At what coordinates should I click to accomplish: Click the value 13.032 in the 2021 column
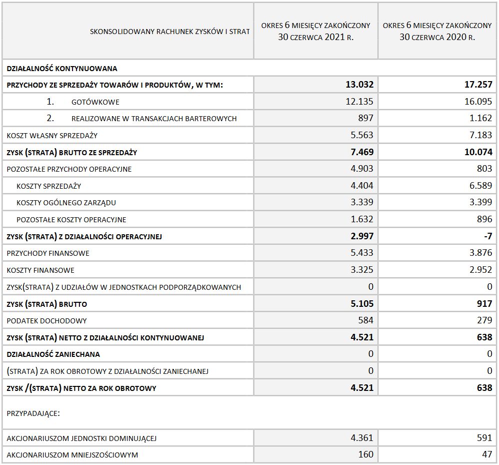(359, 85)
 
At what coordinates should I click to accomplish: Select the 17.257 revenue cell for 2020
(478, 85)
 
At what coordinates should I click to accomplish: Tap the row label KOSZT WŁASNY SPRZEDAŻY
(52, 136)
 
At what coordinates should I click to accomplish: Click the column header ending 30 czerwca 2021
(315, 31)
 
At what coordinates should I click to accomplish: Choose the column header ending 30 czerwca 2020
(437, 31)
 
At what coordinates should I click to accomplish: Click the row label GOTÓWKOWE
(95, 102)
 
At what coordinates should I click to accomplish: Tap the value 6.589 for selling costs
(480, 186)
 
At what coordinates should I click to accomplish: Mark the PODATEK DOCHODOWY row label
(46, 321)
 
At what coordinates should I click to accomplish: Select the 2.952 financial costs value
(480, 270)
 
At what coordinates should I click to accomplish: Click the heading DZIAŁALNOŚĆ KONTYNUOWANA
(61, 68)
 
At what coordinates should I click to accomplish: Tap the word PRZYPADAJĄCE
(33, 414)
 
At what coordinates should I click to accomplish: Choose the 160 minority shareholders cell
(366, 454)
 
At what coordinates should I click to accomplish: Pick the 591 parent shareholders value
(484, 438)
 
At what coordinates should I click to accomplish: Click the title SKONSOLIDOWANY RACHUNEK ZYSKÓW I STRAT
(169, 32)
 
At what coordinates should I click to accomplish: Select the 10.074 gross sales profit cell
(478, 152)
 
